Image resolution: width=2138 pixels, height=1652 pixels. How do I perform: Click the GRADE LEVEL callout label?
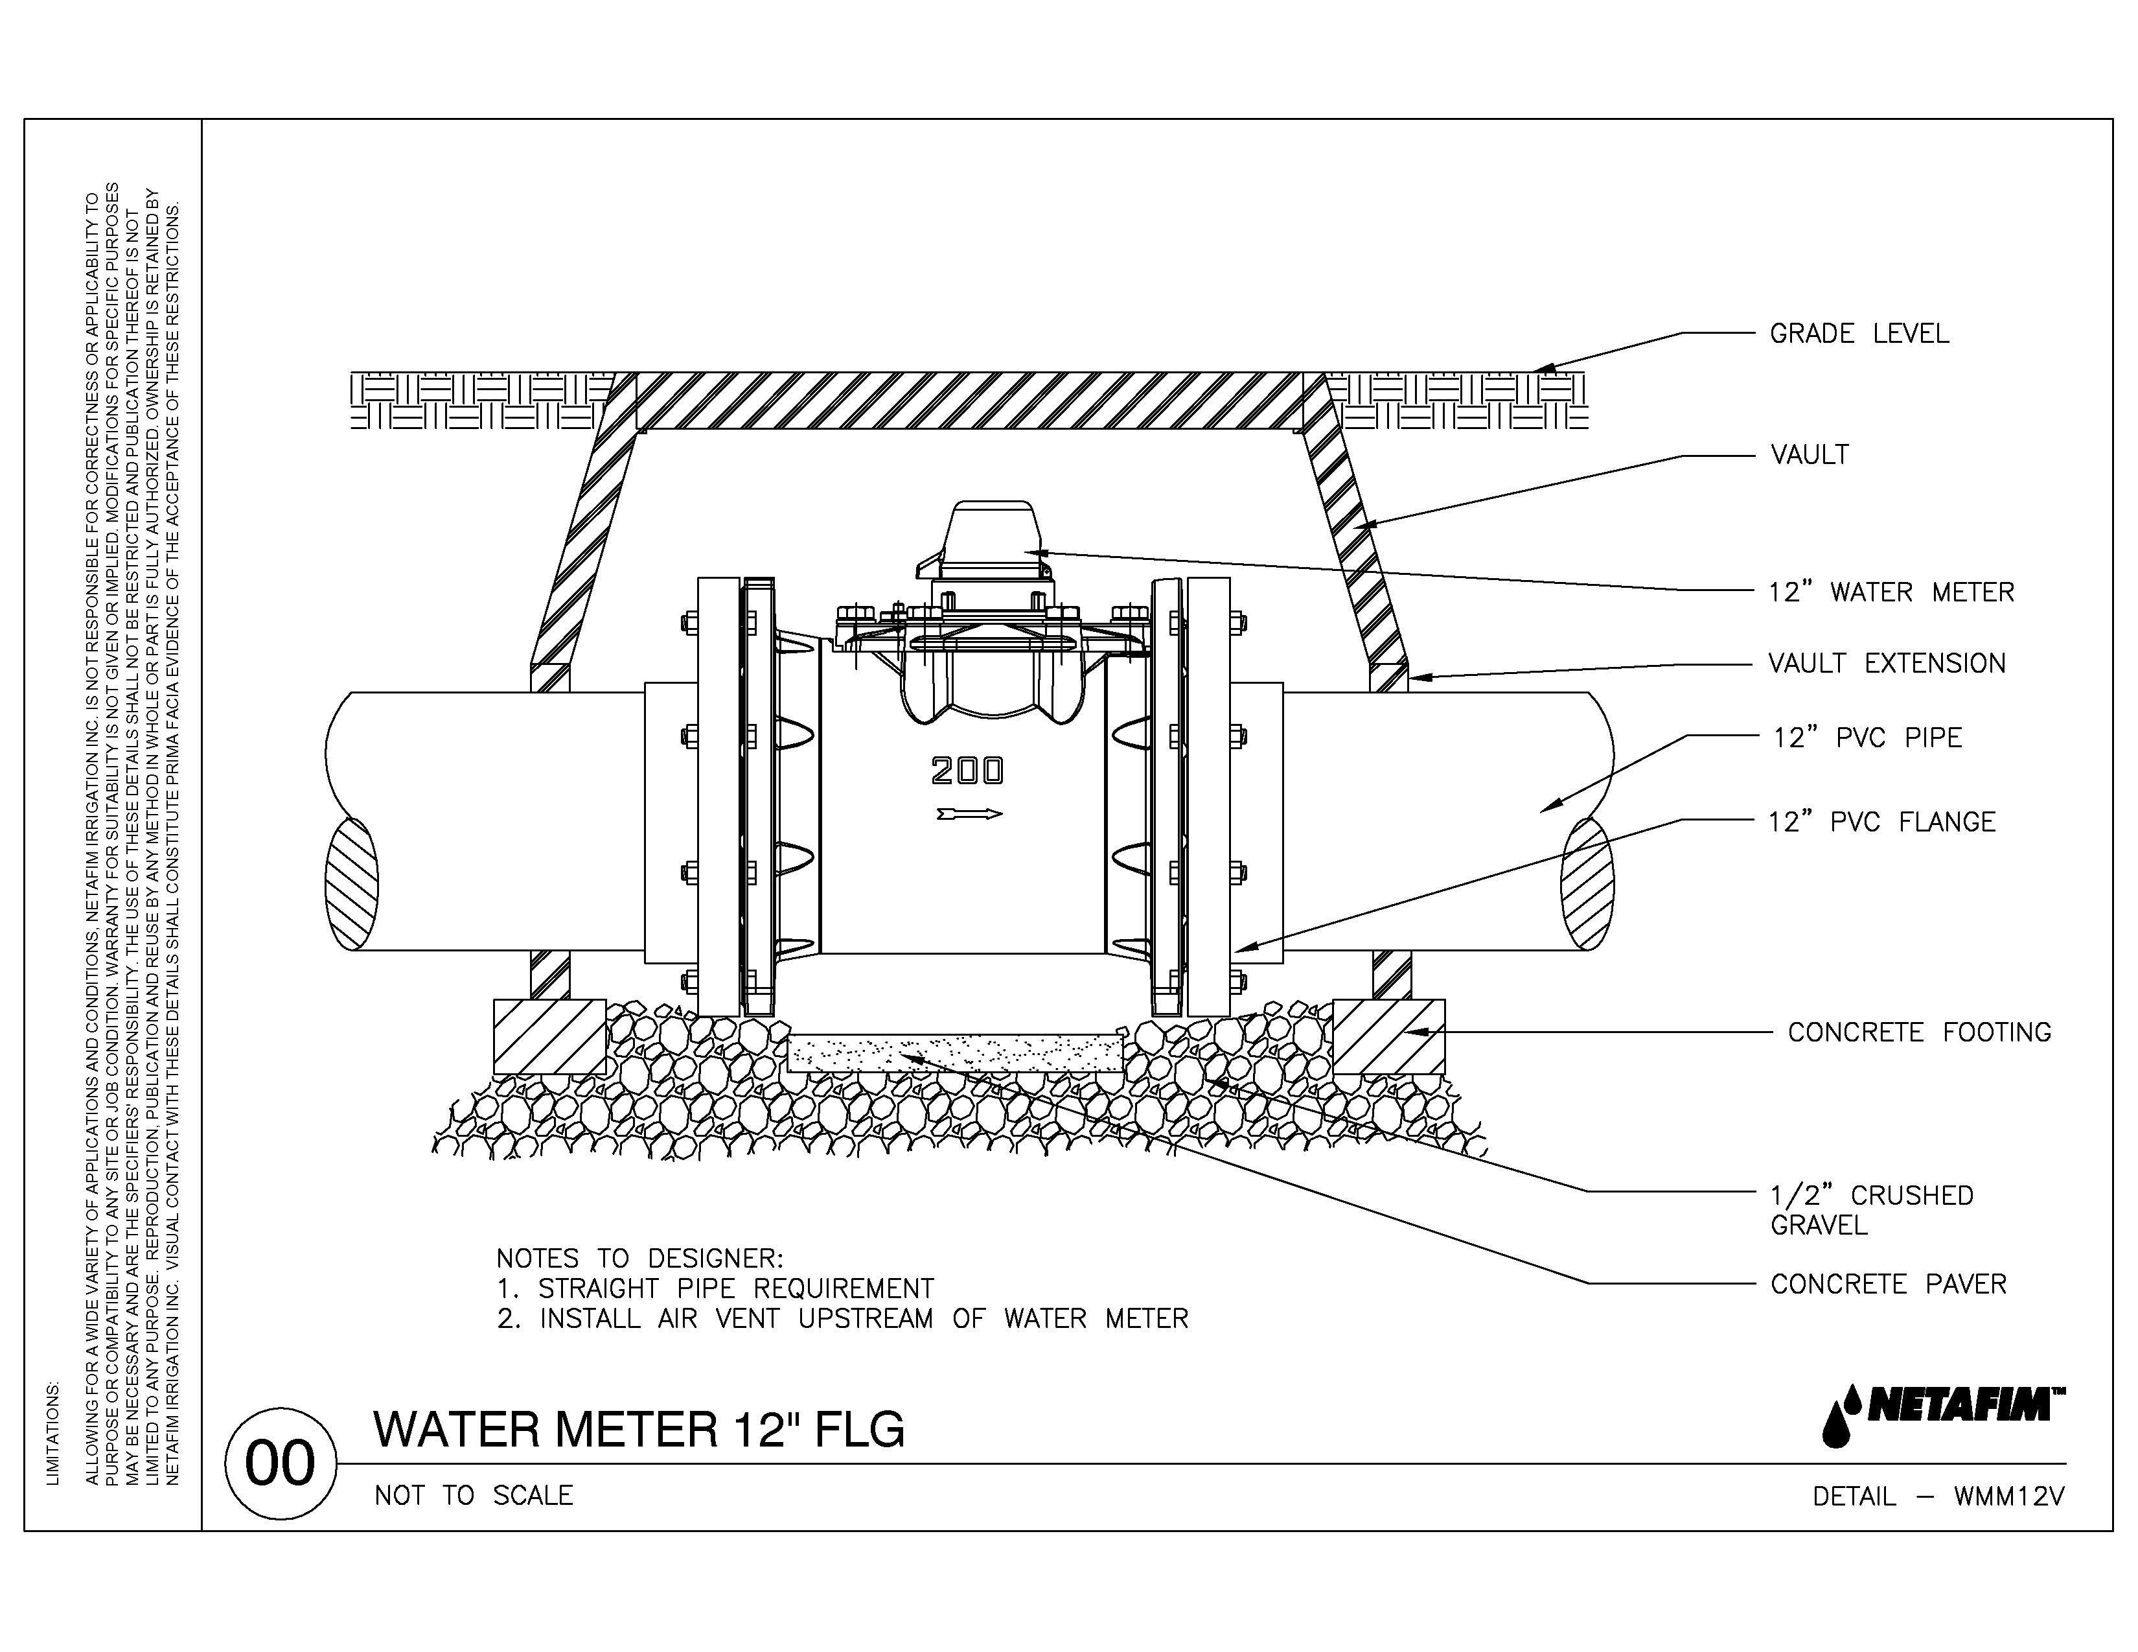click(1858, 334)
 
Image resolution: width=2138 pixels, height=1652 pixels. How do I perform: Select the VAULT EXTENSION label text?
click(1885, 664)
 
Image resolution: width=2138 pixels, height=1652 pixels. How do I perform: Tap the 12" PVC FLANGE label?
click(1881, 822)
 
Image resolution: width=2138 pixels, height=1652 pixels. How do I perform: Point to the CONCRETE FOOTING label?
click(1919, 1032)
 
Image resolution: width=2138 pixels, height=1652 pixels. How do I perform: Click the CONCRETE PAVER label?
click(1887, 1284)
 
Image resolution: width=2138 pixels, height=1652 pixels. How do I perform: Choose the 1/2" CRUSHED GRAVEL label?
click(1871, 1211)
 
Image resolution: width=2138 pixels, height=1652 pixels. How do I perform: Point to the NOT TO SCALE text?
click(474, 1495)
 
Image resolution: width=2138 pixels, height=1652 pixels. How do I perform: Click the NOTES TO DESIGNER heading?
click(639, 1259)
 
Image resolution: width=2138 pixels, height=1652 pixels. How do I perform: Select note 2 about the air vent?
click(842, 1319)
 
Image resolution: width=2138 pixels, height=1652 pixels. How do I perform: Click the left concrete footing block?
click(549, 1036)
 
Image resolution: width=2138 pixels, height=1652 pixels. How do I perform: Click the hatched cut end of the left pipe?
click(351, 883)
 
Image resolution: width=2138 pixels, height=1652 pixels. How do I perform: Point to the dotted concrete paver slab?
click(954, 1053)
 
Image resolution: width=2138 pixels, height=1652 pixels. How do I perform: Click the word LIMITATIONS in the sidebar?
click(53, 1433)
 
